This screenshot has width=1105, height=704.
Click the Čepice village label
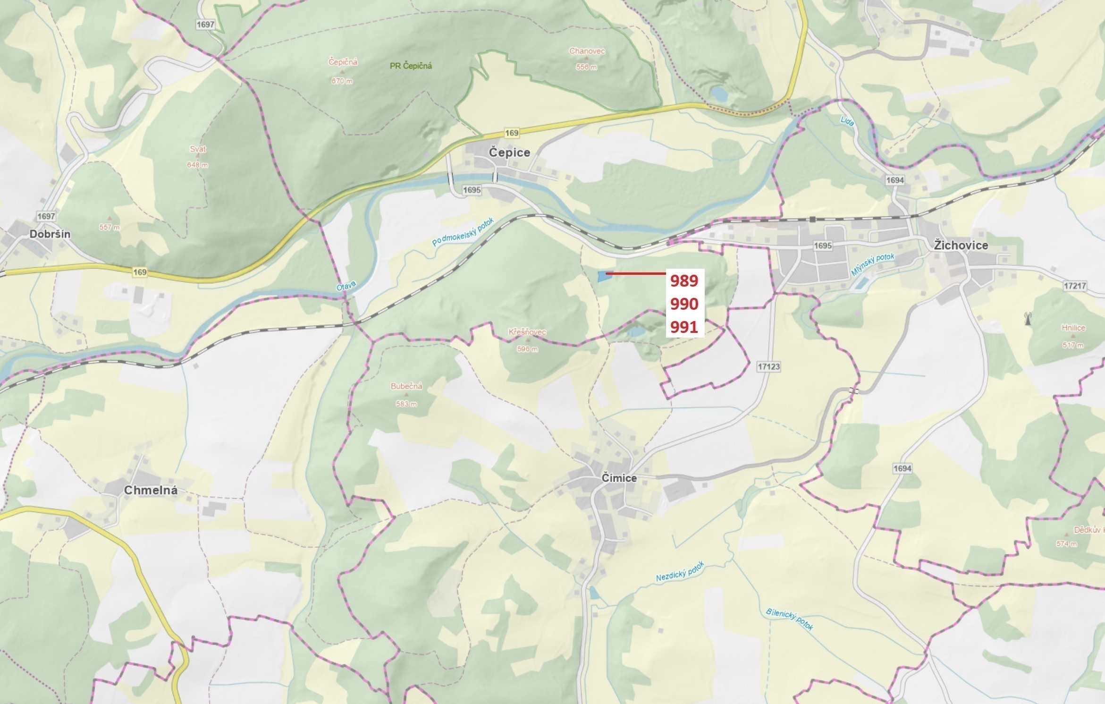509,153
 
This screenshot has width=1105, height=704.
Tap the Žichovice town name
961,245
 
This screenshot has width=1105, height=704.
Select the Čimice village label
619,478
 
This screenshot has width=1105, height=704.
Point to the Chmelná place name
151,490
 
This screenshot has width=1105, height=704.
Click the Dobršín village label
50,234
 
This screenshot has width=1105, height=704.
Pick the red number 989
684,281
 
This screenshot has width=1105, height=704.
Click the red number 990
684,304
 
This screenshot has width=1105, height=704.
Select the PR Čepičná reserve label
411,66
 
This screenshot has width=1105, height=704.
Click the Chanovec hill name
587,51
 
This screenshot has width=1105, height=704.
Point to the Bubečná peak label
406,386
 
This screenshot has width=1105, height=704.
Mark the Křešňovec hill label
527,332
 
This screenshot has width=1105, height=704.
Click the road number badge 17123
768,366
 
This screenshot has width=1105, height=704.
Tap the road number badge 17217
1075,286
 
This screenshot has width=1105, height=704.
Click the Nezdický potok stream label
680,572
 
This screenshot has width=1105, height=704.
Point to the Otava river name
346,285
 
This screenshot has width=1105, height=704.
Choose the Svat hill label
198,149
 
